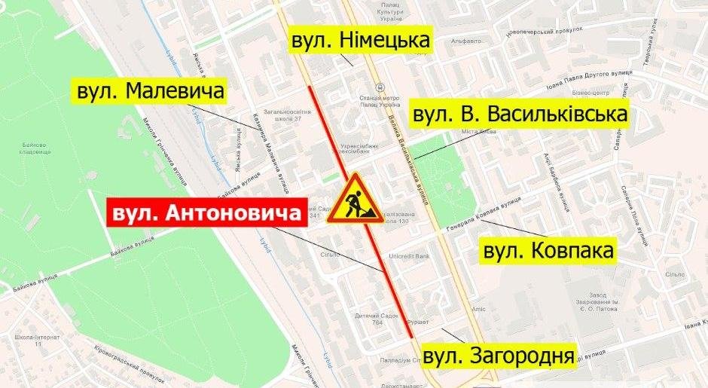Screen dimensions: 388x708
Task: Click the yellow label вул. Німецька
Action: coord(360,41)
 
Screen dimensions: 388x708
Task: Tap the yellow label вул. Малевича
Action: coord(151,93)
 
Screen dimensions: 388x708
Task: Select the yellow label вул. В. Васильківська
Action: coord(520,116)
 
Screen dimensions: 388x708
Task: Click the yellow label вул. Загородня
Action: coord(499,355)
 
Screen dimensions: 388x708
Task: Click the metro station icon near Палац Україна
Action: coord(379,87)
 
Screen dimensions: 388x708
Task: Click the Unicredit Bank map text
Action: coord(409,256)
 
